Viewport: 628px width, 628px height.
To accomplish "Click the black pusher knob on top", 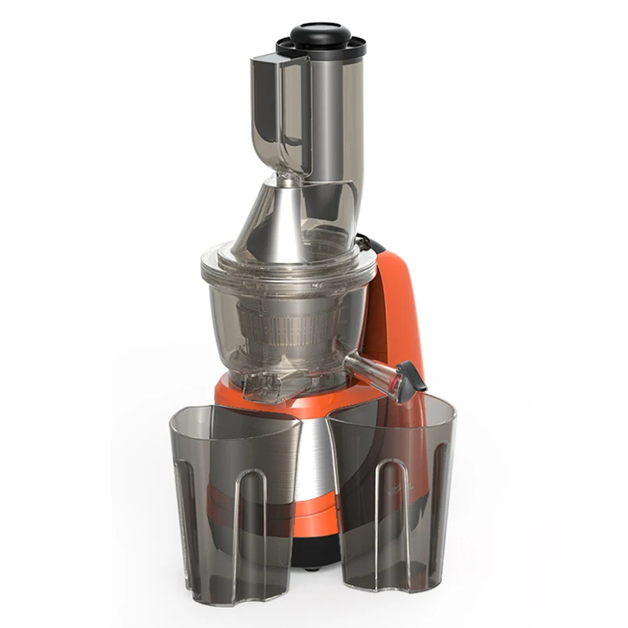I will (320, 33).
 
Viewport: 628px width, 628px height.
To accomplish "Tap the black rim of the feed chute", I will (321, 51).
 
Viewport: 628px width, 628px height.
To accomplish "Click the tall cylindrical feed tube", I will (330, 121).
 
